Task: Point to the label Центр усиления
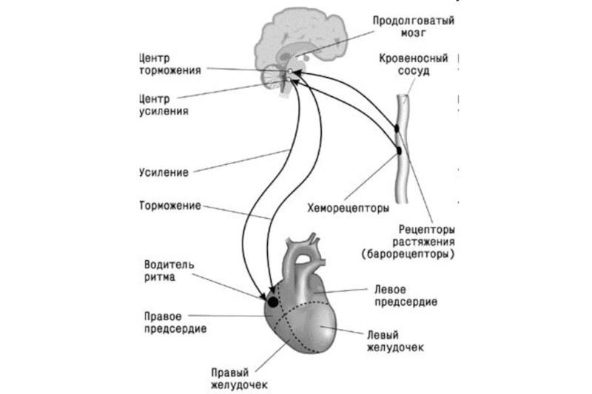[162, 105]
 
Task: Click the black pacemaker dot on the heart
[272, 302]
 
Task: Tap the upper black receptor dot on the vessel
[396, 129]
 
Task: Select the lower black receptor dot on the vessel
[400, 150]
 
